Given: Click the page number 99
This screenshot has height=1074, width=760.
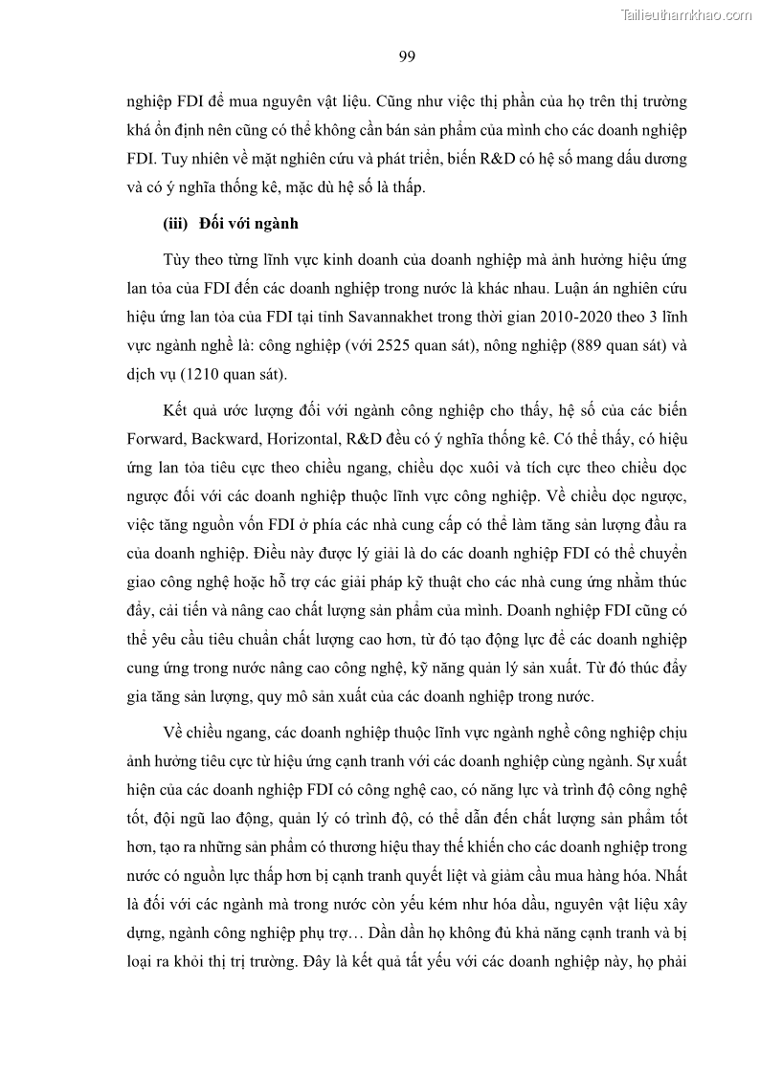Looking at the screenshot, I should pyautogui.click(x=406, y=56).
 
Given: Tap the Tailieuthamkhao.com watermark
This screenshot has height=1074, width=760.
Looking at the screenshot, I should pyautogui.click(x=687, y=14).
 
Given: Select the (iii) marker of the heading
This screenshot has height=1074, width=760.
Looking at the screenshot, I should pyautogui.click(x=175, y=225).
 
